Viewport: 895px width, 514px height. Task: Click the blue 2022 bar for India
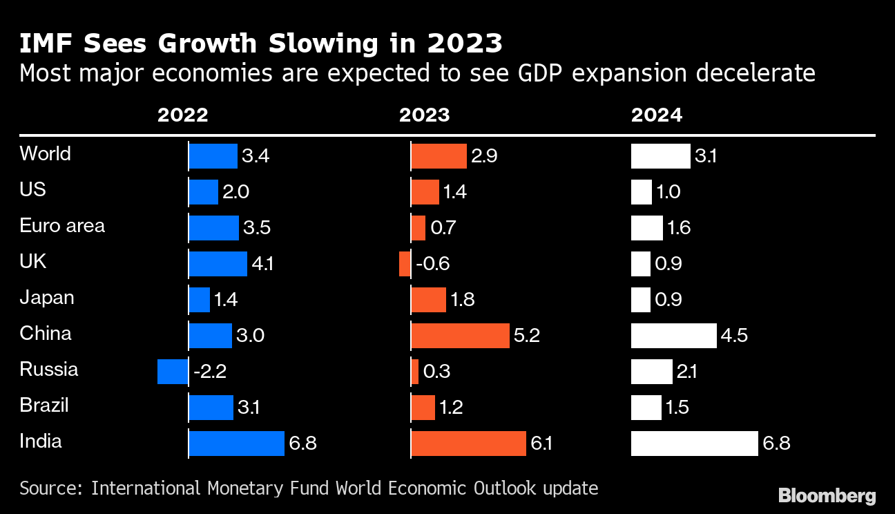pyautogui.click(x=237, y=444)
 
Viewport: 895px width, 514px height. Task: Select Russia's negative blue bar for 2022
pyautogui.click(x=173, y=372)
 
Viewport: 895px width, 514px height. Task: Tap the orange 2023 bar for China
pyautogui.click(x=460, y=336)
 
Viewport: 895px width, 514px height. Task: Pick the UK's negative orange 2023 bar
pyautogui.click(x=405, y=264)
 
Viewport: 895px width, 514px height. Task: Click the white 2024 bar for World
pyautogui.click(x=660, y=156)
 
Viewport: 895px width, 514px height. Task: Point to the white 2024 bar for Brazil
pyautogui.click(x=646, y=408)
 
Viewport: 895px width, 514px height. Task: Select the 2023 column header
pyautogui.click(x=424, y=115)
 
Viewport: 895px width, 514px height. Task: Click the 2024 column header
pyautogui.click(x=656, y=115)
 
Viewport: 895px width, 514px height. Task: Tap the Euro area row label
pyautogui.click(x=62, y=226)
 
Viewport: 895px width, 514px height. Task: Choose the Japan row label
pyautogui.click(x=47, y=298)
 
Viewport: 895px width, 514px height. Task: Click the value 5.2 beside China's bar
pyautogui.click(x=526, y=336)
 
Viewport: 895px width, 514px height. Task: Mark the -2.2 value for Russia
pyautogui.click(x=209, y=372)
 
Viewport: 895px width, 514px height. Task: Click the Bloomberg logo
pyautogui.click(x=827, y=495)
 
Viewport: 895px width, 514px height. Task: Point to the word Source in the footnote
pyautogui.click(x=50, y=488)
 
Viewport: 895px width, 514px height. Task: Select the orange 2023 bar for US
pyautogui.click(x=425, y=192)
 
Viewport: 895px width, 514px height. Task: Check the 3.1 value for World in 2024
pyautogui.click(x=705, y=156)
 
